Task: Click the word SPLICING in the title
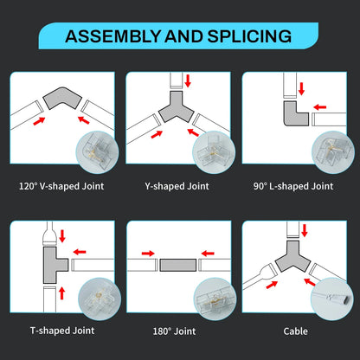pyautogui.click(x=249, y=36)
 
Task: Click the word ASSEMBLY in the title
pyautogui.click(x=112, y=36)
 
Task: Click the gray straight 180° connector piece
pyautogui.click(x=178, y=265)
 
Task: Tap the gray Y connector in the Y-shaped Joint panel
pyautogui.click(x=177, y=108)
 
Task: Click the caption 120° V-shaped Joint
pyautogui.click(x=61, y=186)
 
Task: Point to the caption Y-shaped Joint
pyautogui.click(x=177, y=186)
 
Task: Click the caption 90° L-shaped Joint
pyautogui.click(x=293, y=186)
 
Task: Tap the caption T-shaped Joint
pyautogui.click(x=62, y=331)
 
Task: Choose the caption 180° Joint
pyautogui.click(x=174, y=331)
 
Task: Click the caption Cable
pyautogui.click(x=295, y=331)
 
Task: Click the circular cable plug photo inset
pyautogui.click(x=332, y=299)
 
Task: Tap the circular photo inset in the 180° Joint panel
pyautogui.click(x=215, y=299)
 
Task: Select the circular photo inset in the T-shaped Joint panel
pyautogui.click(x=100, y=299)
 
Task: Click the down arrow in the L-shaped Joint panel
pyautogui.click(x=302, y=88)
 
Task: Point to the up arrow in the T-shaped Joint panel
pyautogui.click(x=61, y=293)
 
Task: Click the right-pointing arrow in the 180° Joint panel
pyautogui.click(x=148, y=254)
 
